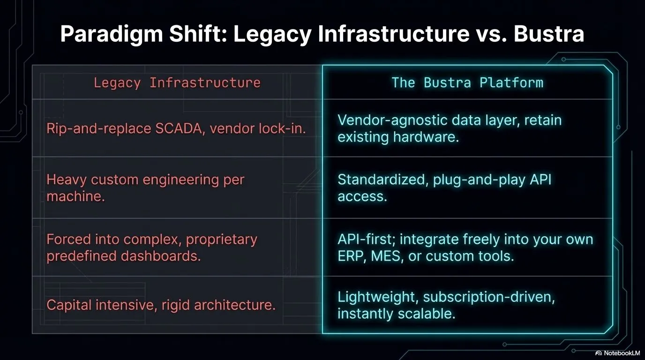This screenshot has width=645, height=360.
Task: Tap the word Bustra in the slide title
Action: click(549, 34)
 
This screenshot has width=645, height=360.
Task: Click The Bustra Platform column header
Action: click(467, 82)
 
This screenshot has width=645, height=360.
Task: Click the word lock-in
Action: click(282, 128)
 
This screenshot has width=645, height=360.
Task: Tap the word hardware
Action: click(426, 137)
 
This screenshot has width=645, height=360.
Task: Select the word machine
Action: click(76, 196)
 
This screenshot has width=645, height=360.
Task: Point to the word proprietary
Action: click(221, 240)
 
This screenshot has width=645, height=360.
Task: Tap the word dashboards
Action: click(161, 256)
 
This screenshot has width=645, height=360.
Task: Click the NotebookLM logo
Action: click(618, 353)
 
